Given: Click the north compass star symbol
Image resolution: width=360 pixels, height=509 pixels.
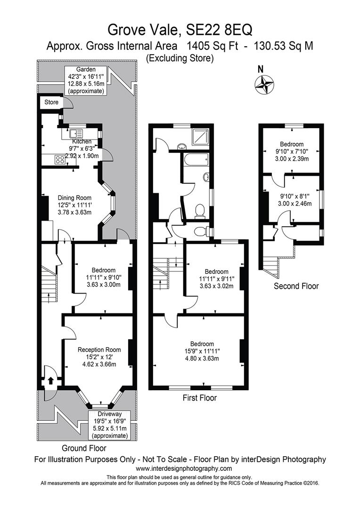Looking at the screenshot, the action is [264, 85].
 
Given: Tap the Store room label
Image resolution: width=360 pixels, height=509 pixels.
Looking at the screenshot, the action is [51, 102].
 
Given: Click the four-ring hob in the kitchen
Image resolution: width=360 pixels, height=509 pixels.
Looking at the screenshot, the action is [60, 159].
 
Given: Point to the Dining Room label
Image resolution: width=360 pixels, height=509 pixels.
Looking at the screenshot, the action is [74, 197].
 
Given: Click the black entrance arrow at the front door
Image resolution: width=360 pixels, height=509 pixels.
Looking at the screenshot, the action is [50, 380].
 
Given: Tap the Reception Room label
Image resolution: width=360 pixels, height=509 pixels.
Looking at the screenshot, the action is [99, 350].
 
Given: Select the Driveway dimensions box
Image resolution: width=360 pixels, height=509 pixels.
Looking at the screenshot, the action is [110, 425].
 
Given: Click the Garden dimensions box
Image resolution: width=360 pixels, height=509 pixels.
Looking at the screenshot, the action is [86, 80].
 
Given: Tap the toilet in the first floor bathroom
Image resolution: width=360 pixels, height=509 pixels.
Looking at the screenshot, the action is [199, 211].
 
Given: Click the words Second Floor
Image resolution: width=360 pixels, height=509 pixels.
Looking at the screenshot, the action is [296, 286].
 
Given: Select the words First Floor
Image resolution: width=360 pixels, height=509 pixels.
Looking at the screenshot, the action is [200, 398].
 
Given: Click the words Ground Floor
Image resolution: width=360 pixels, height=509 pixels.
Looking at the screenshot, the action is [84, 448].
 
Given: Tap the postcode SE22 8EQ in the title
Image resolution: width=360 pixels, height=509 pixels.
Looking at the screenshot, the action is [219, 30].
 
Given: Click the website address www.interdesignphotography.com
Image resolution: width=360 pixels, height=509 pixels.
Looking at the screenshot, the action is [184, 468].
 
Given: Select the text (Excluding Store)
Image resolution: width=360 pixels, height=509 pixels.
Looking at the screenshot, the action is [180, 58].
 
